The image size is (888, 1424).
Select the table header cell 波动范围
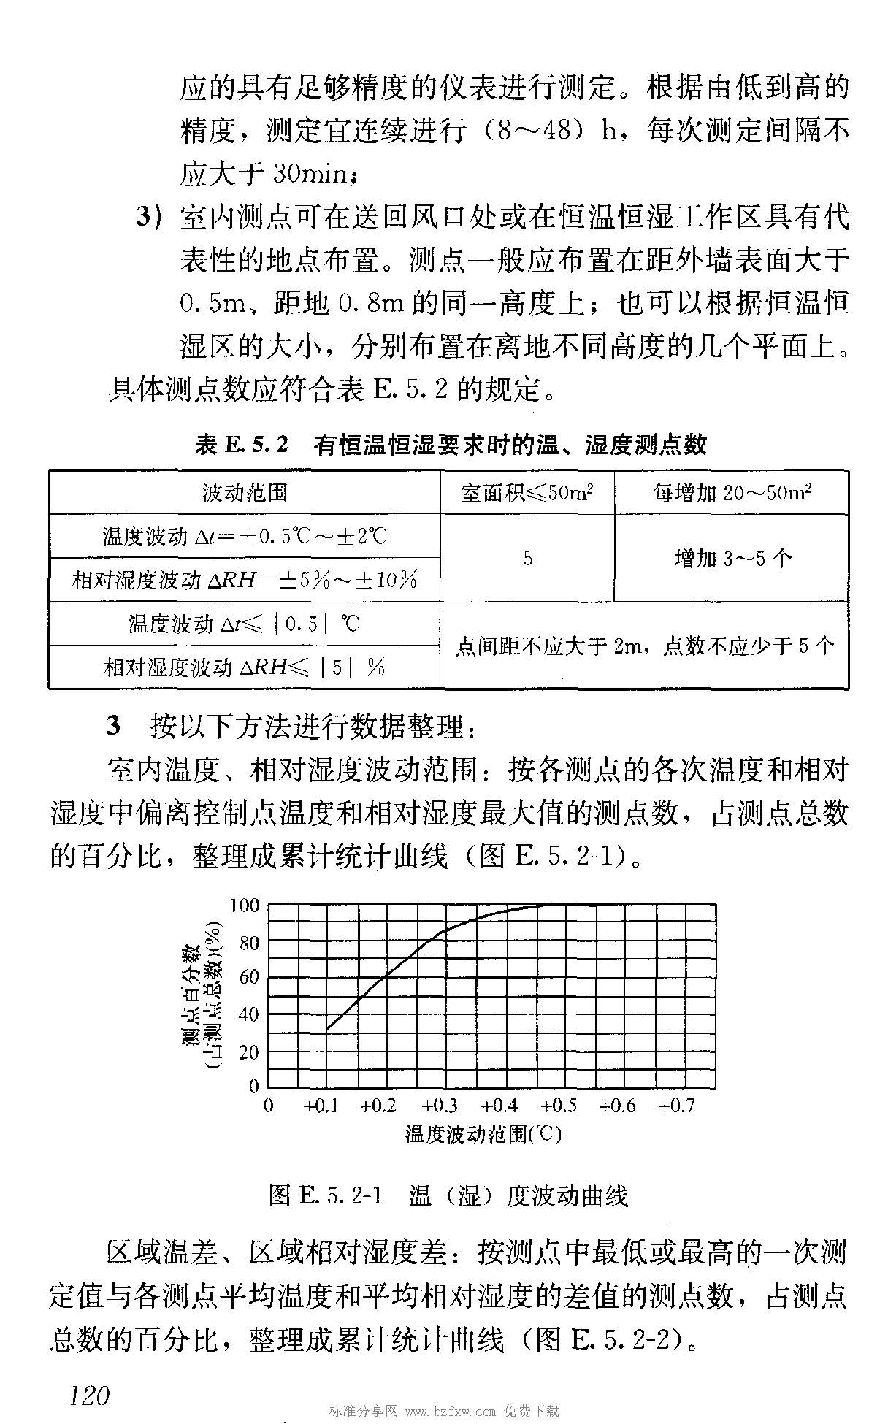point(245,493)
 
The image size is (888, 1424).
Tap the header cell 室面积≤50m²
point(527,493)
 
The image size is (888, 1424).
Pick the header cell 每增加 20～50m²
point(731,493)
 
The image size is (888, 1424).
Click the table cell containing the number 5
point(527,559)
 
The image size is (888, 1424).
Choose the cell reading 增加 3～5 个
point(732,559)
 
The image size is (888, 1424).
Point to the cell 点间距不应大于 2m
point(644,646)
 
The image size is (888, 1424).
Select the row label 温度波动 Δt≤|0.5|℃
point(245,624)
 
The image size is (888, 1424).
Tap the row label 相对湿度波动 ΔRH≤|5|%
point(245,667)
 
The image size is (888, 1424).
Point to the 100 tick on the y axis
point(245,906)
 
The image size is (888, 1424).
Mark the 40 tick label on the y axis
point(248,1014)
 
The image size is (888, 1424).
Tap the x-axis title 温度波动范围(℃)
point(483,1134)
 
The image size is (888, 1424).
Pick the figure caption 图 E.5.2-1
point(326,1196)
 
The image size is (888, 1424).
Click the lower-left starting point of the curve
point(326,1031)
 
